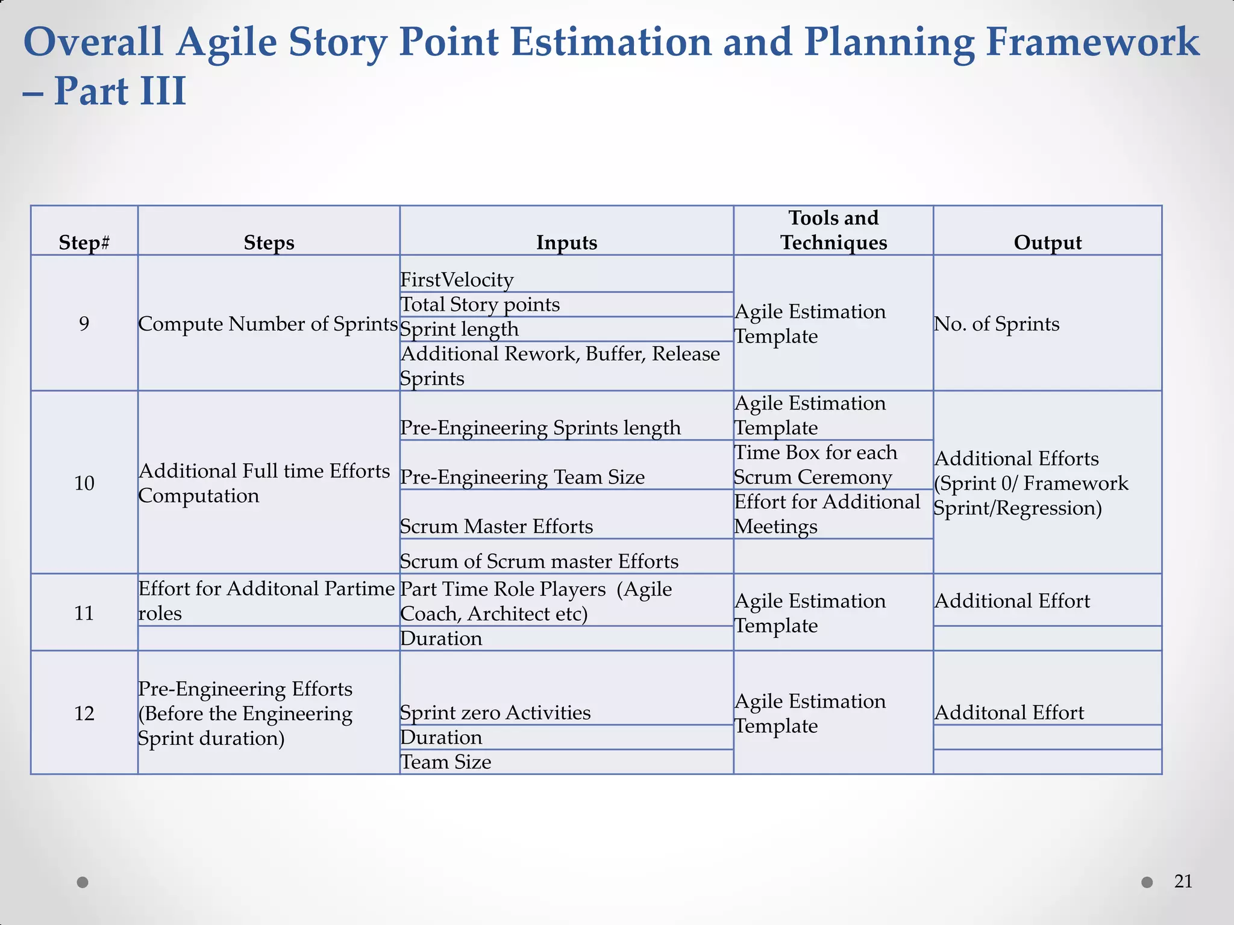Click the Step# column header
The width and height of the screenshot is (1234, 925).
point(84,242)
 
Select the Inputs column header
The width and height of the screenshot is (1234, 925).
point(566,242)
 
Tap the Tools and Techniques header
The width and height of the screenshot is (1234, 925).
point(833,230)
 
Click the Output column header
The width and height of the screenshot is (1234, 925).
point(1047,242)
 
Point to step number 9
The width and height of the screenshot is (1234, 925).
point(84,324)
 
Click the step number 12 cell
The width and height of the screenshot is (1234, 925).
point(84,714)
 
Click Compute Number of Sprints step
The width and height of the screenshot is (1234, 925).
point(268,324)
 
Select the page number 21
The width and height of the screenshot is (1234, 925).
point(1183,882)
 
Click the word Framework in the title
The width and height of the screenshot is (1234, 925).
point(1091,42)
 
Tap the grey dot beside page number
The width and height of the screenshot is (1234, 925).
point(1147,882)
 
